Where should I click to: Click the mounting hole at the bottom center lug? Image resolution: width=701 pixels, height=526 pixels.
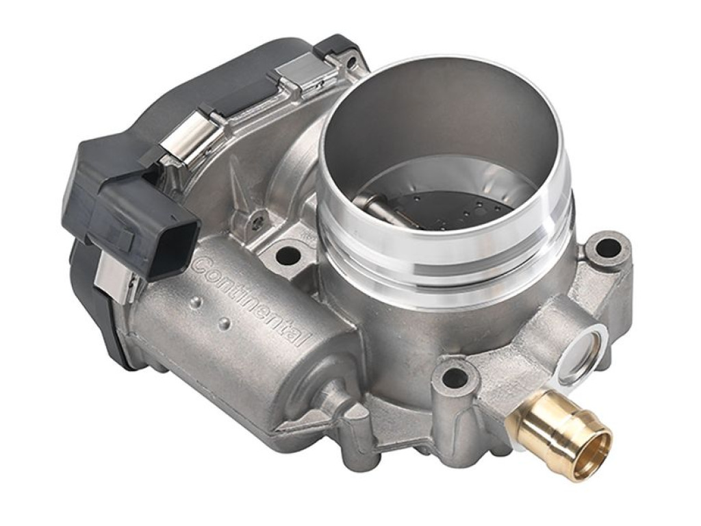click(453, 378)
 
